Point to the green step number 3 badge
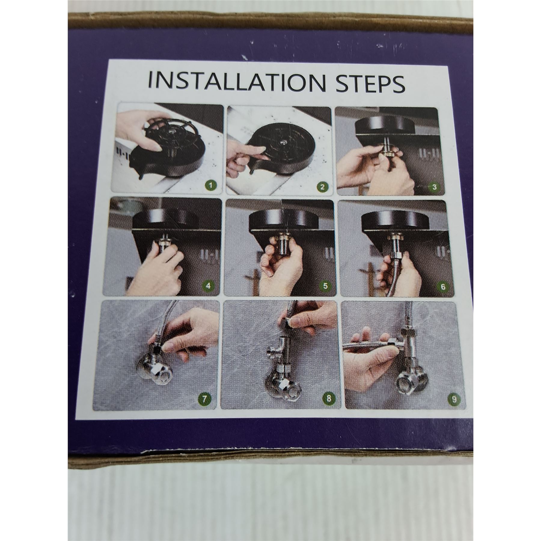(433, 187)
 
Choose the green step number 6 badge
(442, 286)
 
